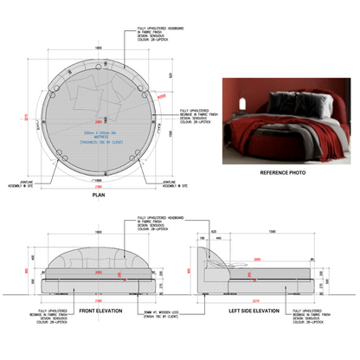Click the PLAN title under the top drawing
point(99,196)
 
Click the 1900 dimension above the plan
point(99,48)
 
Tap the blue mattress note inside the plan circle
point(98,134)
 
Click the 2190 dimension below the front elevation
point(100,302)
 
